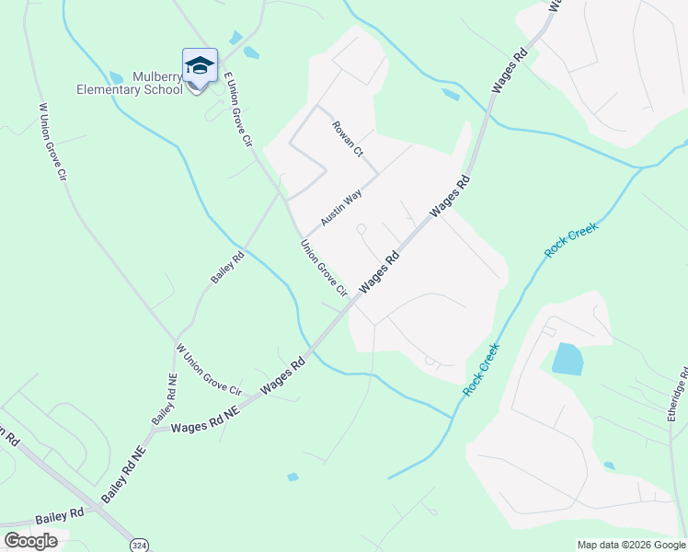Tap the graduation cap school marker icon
coord(200,65)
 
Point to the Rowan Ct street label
coord(349,138)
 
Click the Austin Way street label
coord(341,208)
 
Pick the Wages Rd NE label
coord(205,420)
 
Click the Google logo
coord(30,541)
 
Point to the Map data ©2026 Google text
coord(631,545)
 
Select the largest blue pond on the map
coord(567,359)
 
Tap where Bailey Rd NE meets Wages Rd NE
coord(153,428)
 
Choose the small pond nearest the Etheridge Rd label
coord(608,466)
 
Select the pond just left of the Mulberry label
coord(116,77)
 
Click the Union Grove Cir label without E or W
coord(323,269)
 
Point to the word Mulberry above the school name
coord(158,76)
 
